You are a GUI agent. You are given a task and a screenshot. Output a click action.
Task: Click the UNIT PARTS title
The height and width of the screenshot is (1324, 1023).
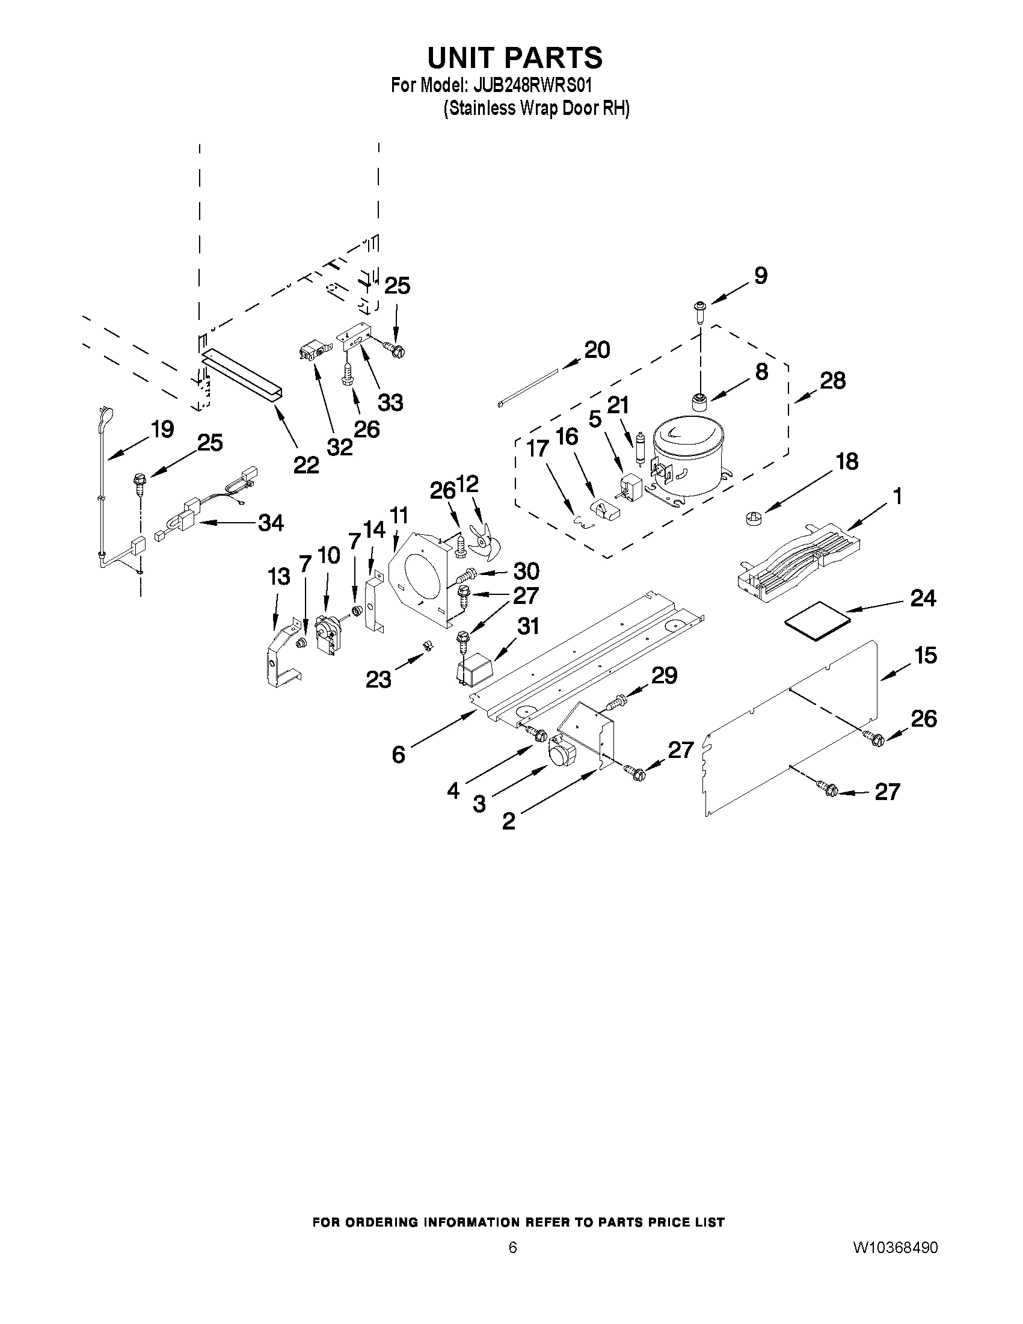point(515,58)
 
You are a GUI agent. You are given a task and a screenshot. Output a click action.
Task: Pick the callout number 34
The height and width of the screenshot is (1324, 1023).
point(270,522)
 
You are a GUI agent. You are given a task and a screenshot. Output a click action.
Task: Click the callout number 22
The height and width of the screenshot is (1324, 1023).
point(306,465)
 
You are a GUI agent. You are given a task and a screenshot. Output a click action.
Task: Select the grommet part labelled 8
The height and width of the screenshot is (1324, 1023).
point(700,401)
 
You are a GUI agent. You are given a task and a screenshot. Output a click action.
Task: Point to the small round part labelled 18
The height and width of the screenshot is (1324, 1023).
point(751,519)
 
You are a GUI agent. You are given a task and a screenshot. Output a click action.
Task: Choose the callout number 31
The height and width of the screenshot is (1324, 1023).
point(527,626)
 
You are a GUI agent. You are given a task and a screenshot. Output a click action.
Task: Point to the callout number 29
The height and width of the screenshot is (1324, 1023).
point(663,676)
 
